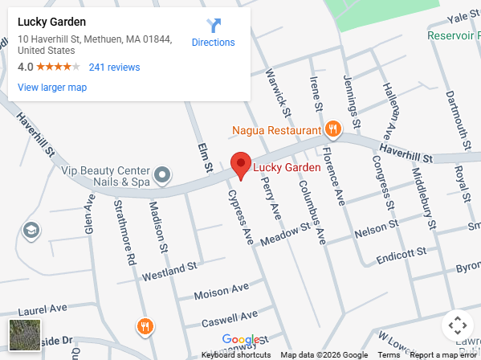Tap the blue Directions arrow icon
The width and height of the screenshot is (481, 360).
(213, 26)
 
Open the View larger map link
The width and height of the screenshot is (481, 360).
(52, 88)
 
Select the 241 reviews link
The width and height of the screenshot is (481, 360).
(114, 67)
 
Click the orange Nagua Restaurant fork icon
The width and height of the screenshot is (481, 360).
(332, 129)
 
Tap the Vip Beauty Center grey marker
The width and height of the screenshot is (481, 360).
(162, 174)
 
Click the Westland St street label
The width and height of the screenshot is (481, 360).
(169, 270)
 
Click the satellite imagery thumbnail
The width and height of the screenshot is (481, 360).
(25, 335)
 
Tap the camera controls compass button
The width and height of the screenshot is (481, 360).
(457, 325)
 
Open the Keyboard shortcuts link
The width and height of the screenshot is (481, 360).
(235, 355)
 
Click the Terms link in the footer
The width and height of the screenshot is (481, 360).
(389, 355)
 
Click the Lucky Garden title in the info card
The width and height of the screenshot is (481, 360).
(51, 22)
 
